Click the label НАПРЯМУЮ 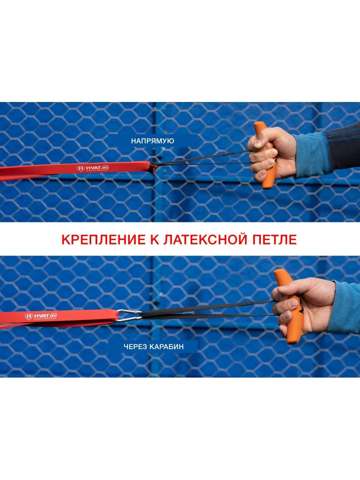(x=152, y=141)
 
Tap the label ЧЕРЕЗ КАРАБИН (x=154, y=347)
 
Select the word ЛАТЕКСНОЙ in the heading (x=205, y=240)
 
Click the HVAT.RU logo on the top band (x=93, y=168)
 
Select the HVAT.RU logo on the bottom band (x=41, y=316)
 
